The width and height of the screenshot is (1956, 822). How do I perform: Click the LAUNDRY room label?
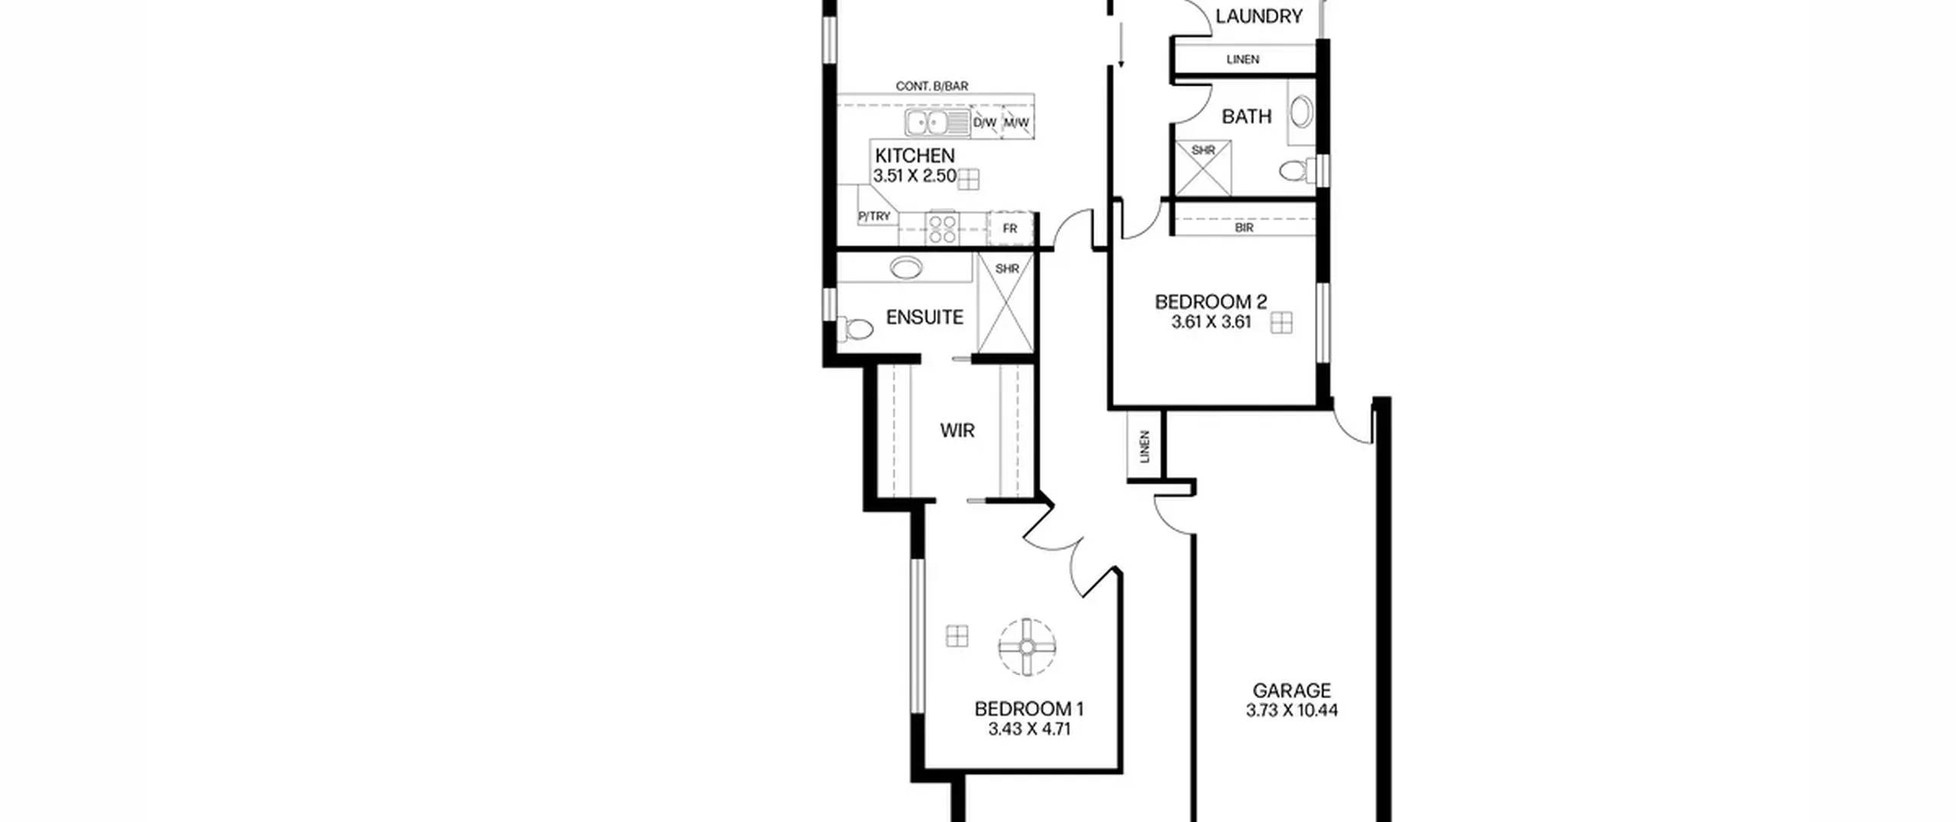1258,16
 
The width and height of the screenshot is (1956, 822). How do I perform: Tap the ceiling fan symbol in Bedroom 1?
1027,647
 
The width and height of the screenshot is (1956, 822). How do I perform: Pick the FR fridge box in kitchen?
1010,229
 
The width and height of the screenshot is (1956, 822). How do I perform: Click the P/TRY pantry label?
874,216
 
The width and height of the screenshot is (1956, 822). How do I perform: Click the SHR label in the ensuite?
1007,269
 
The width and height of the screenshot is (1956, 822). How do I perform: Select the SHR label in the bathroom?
1203,151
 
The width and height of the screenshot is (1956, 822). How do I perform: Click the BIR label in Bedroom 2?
1244,228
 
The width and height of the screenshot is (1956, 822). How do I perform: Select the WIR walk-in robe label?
957,430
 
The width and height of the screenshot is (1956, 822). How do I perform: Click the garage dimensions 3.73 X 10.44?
1292,710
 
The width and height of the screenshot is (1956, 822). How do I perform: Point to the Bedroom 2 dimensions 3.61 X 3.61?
1211,322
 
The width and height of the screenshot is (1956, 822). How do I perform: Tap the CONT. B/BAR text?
931,86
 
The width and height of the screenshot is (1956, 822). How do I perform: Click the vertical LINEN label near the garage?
1145,447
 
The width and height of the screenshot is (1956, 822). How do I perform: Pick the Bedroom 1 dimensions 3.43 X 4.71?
1029,729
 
